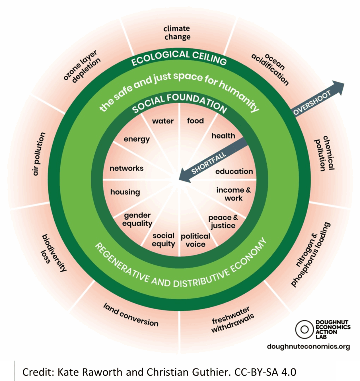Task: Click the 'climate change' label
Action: (177, 32)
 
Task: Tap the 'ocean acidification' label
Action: (270, 69)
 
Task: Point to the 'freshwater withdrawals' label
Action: (232, 320)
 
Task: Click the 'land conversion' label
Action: (131, 315)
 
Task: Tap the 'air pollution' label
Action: (39, 154)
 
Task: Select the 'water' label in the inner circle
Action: (163, 121)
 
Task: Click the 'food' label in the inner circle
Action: (195, 121)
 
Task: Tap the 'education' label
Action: (234, 171)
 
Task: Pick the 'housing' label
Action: (125, 192)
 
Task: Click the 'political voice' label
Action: (195, 240)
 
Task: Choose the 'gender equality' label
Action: (137, 219)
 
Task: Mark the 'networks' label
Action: (126, 168)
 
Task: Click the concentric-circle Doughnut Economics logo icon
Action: (304, 329)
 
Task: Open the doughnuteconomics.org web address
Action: (308, 346)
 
